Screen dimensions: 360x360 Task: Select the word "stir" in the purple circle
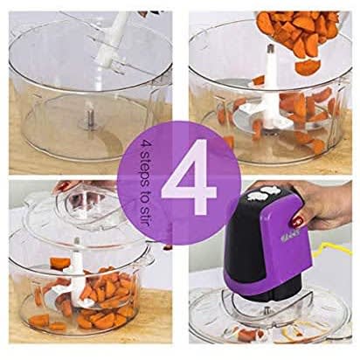[x=145, y=215]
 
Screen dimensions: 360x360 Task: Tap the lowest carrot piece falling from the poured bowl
[x=308, y=66]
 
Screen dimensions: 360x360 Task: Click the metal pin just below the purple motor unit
[x=266, y=309]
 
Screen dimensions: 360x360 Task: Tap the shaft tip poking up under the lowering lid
[x=77, y=241]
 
